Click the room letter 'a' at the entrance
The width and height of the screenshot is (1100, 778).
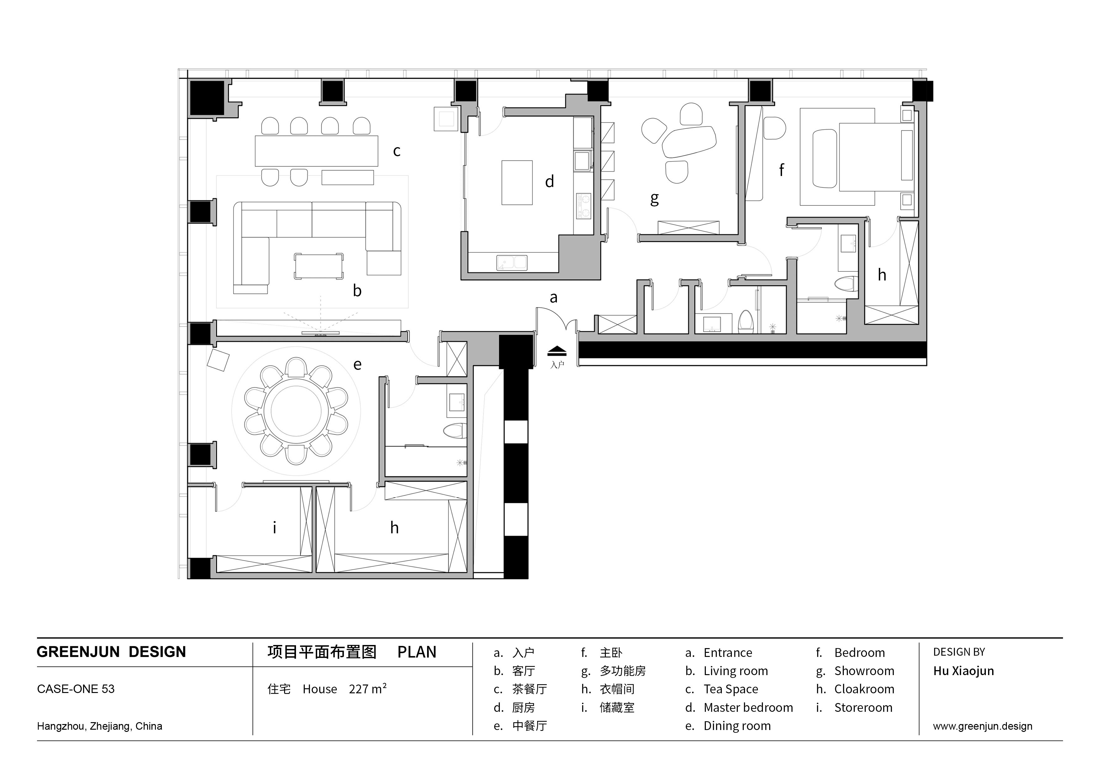coord(553,298)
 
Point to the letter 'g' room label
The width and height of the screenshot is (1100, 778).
coord(654,199)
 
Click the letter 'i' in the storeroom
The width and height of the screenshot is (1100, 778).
coord(274,527)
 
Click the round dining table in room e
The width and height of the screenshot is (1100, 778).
coord(296,411)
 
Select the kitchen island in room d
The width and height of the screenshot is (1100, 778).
coord(517,183)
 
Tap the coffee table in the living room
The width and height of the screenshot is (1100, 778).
coord(319,266)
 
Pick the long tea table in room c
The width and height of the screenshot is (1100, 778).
coord(316,151)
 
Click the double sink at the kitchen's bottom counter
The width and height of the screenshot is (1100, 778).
coord(512,263)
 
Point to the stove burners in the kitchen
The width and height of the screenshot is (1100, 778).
coord(584,206)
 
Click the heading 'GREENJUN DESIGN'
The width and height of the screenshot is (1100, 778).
coord(111,652)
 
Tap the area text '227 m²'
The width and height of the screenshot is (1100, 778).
coord(368,689)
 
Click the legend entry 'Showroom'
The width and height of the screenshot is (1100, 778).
coord(864,671)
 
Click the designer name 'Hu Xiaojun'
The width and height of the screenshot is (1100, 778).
coord(964,671)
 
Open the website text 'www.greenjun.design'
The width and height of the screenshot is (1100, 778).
coord(983,726)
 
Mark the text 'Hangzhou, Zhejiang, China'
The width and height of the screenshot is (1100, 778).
coord(100,726)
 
